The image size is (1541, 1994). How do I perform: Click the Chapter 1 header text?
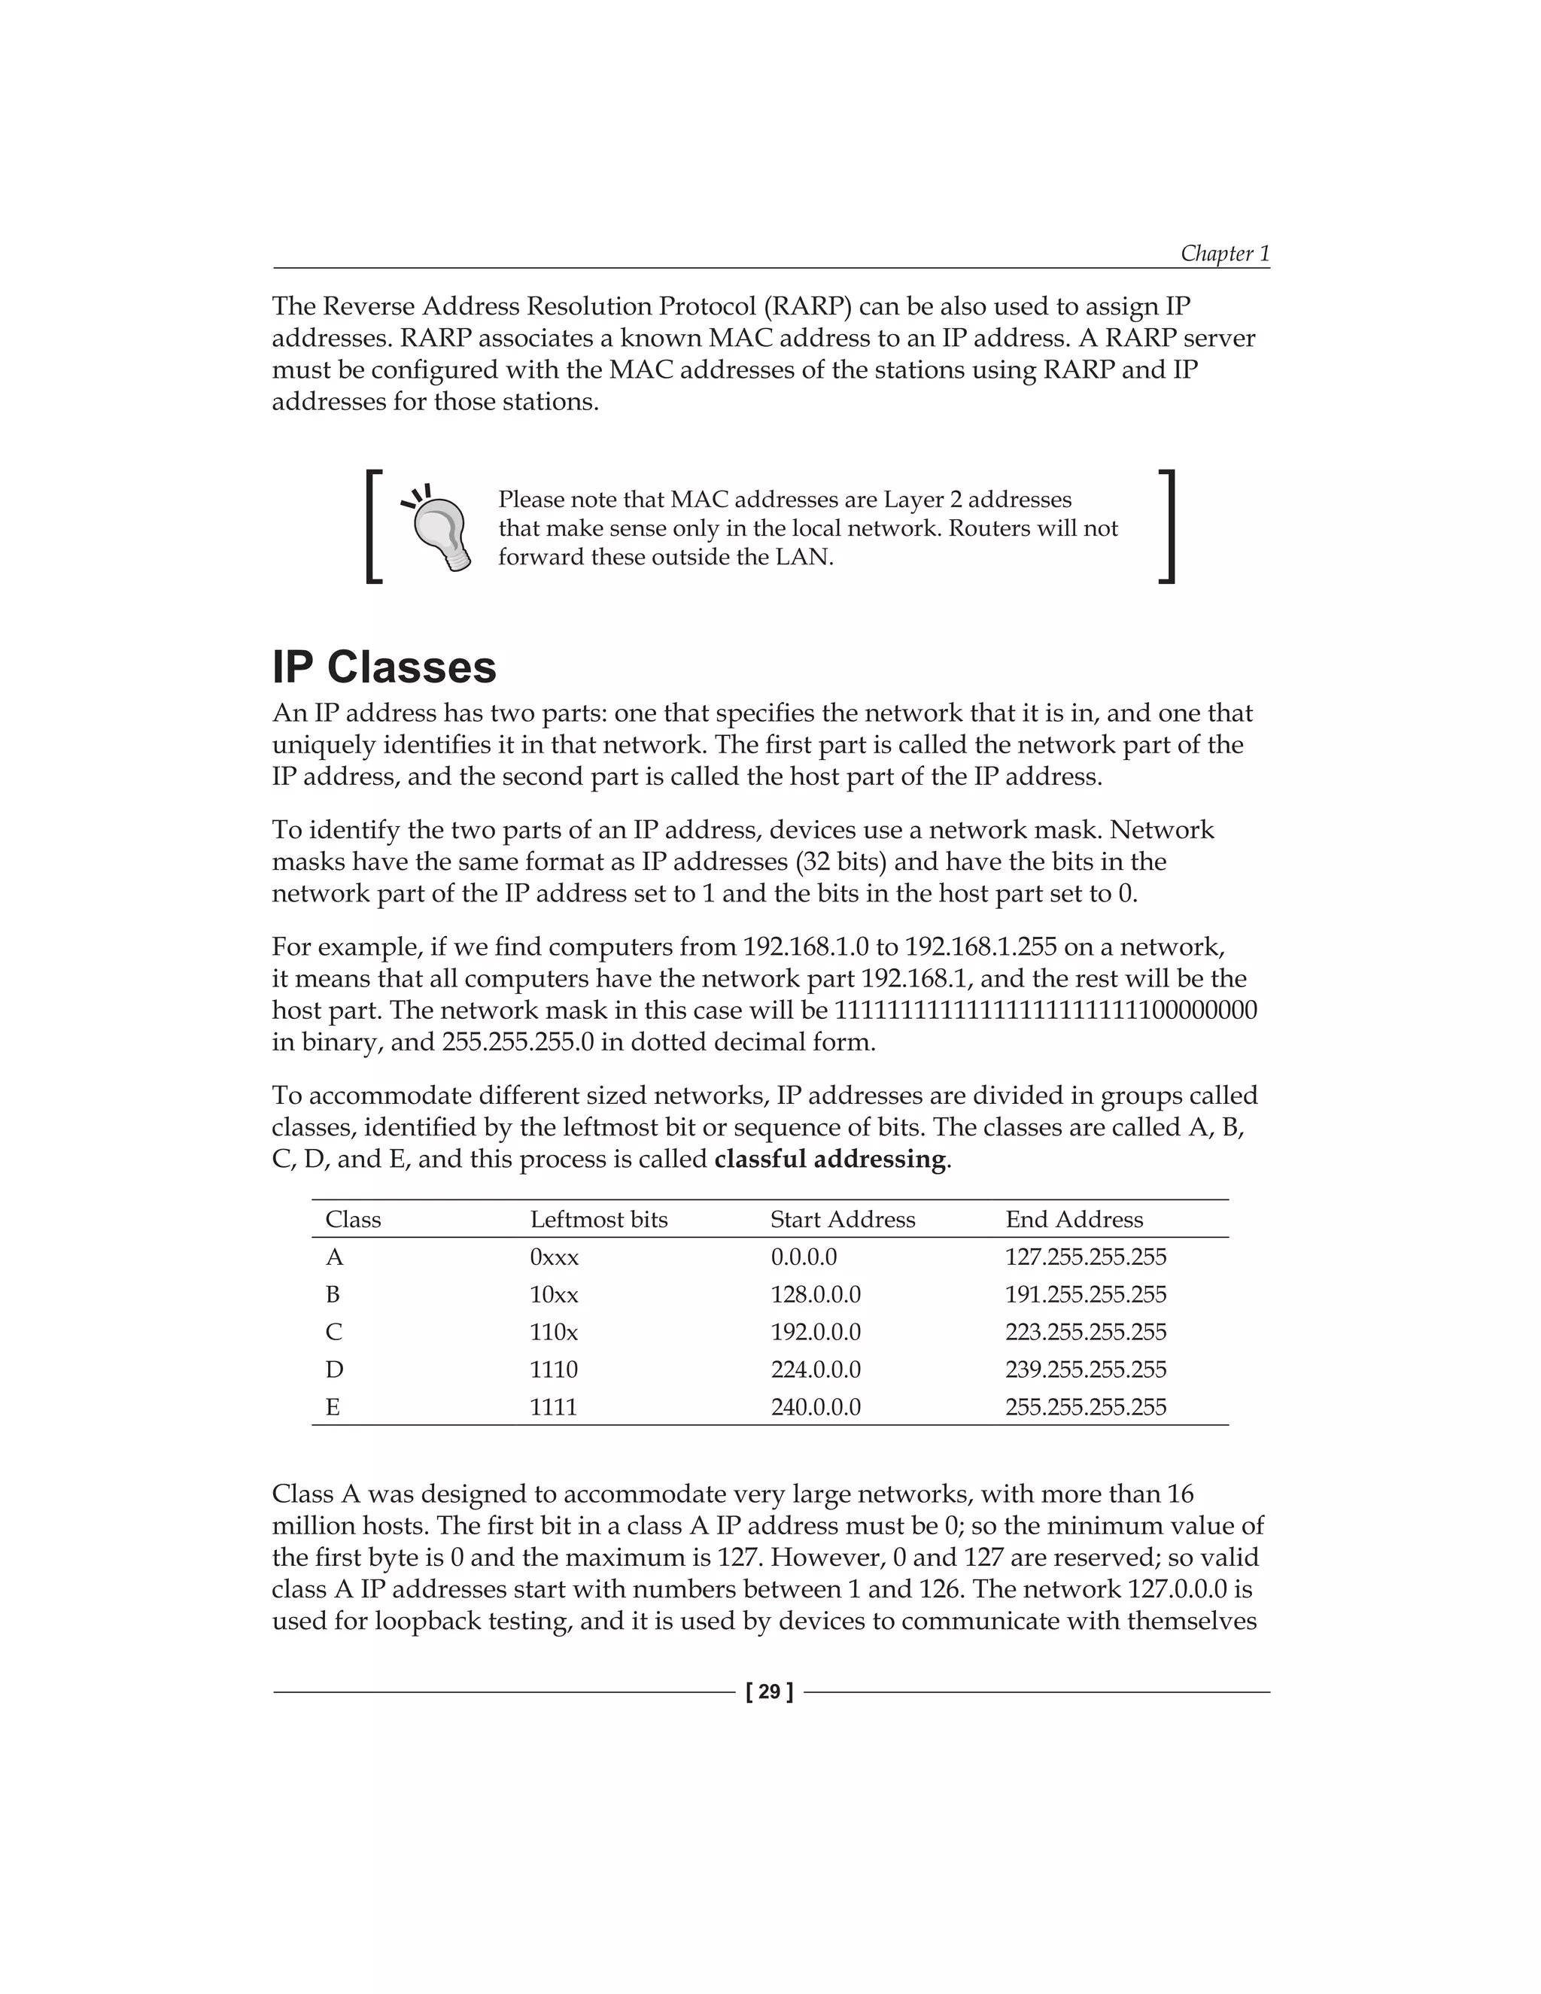point(1224,253)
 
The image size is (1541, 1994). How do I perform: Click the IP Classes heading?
point(384,667)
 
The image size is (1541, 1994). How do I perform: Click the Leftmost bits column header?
point(599,1220)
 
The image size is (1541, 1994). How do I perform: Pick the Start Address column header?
point(843,1220)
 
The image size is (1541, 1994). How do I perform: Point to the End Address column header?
point(1074,1220)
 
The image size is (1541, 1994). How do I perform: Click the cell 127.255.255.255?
point(1086,1257)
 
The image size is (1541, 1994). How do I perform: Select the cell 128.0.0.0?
point(815,1295)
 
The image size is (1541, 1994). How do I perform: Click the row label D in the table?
point(334,1369)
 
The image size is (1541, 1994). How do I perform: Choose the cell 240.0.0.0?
point(815,1407)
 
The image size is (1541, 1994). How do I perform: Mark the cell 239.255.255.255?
point(1086,1369)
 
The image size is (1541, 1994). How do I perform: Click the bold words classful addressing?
point(830,1160)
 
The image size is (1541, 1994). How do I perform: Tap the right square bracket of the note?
point(1167,527)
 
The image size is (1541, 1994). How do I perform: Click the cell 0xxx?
point(554,1257)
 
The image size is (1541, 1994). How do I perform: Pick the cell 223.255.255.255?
point(1086,1332)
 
